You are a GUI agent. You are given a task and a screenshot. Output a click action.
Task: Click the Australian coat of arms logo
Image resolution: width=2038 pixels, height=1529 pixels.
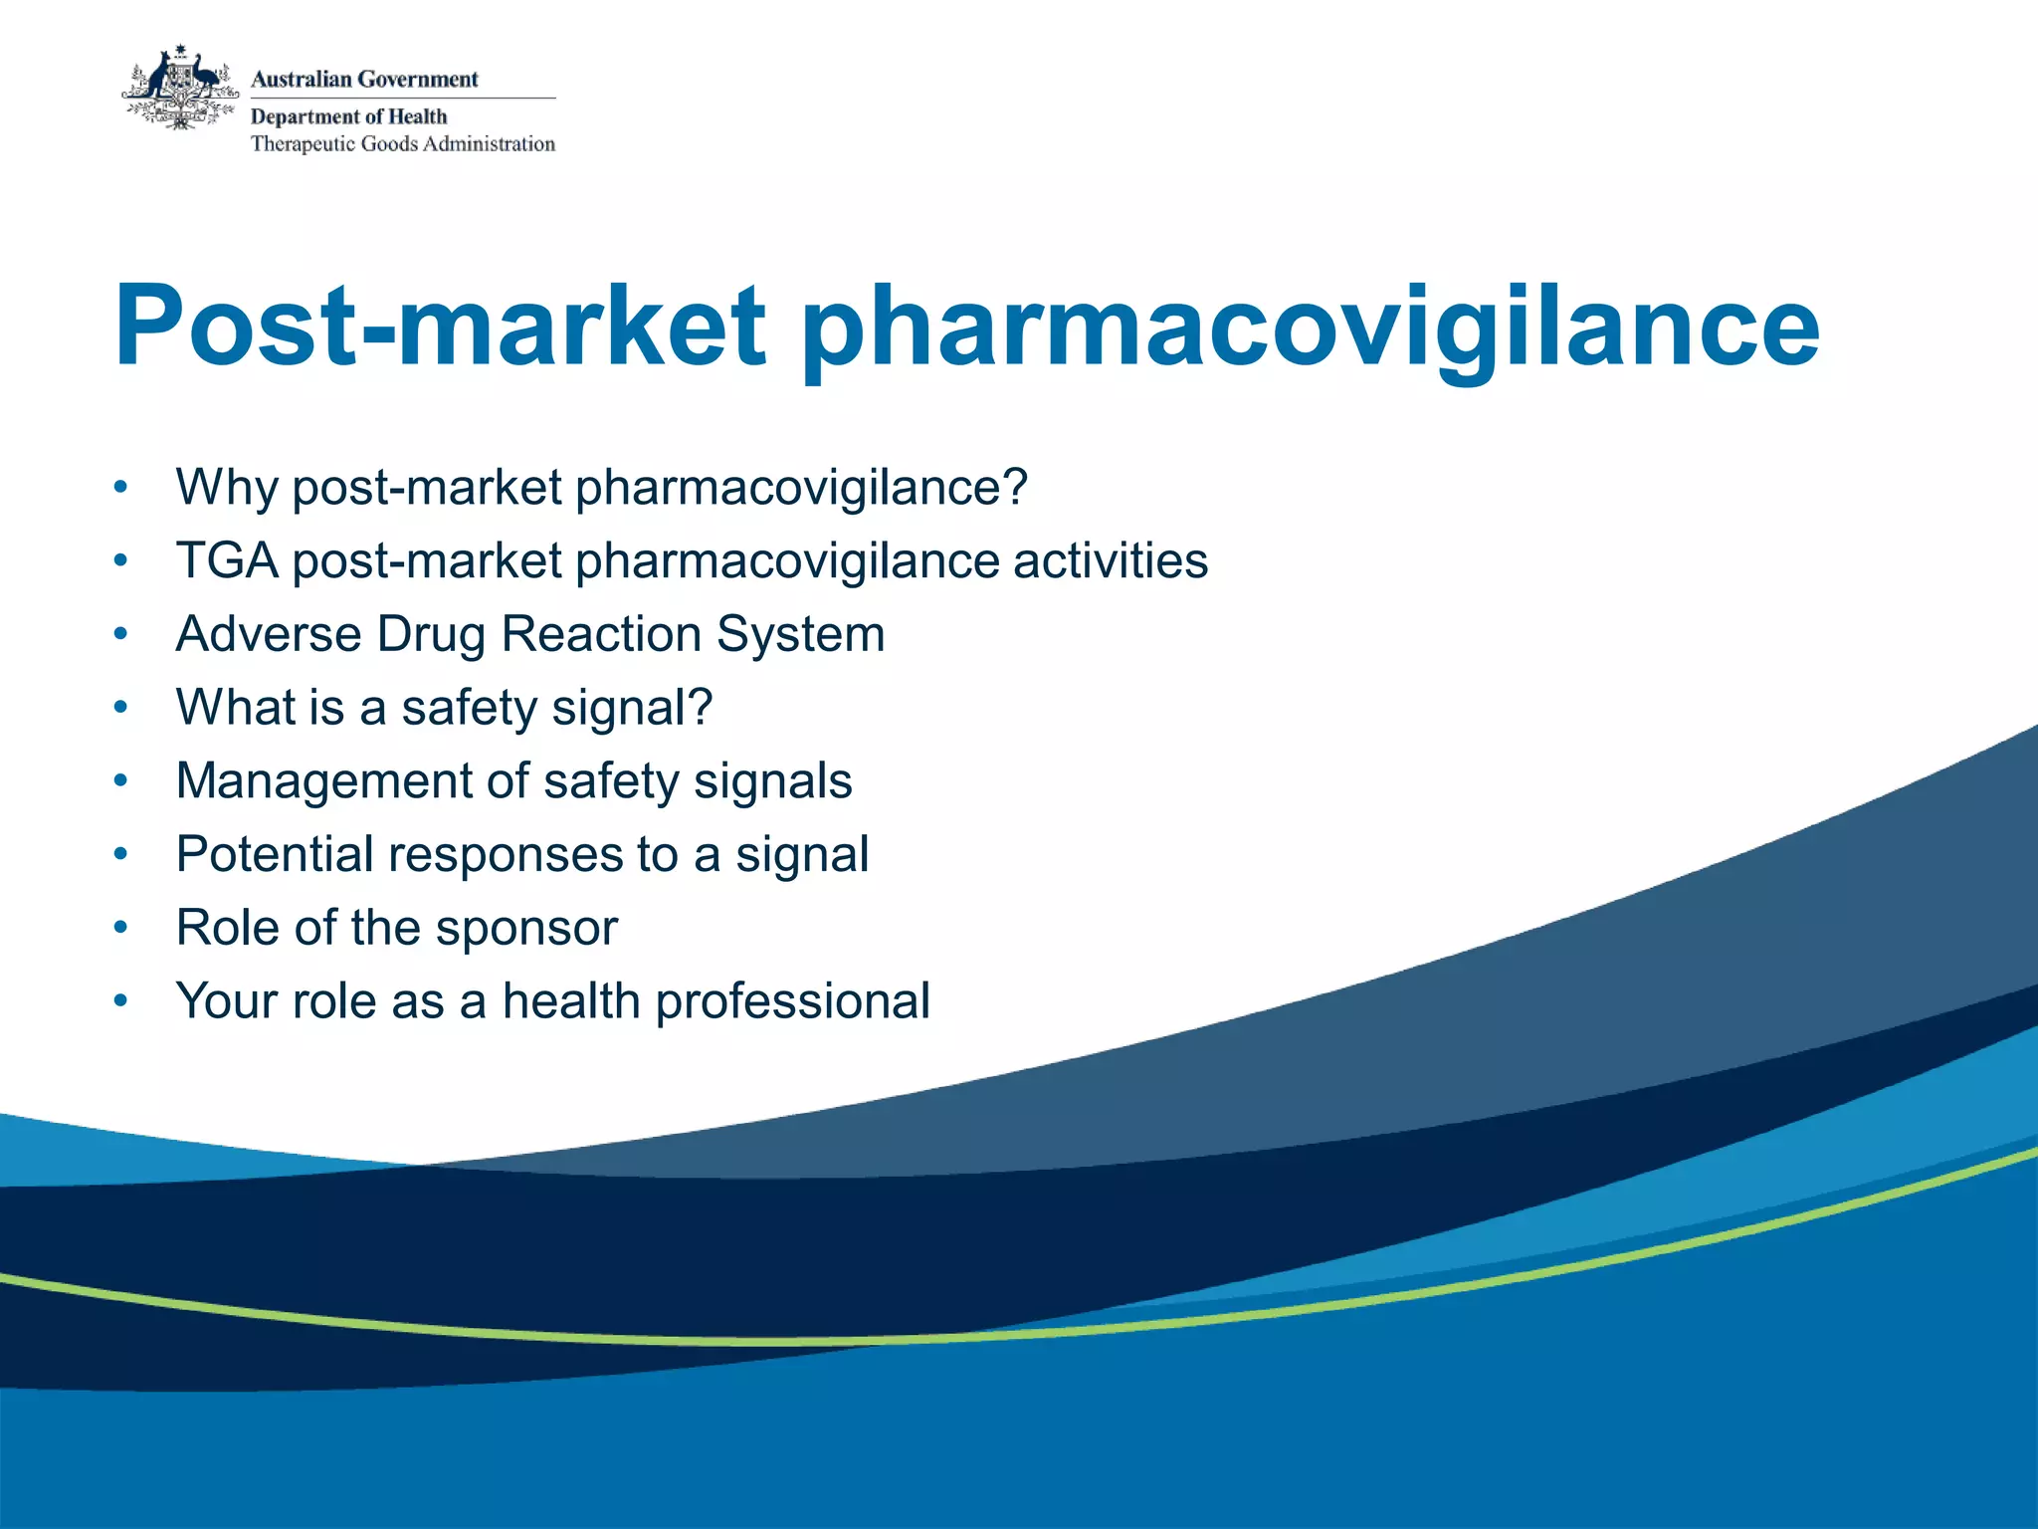(180, 90)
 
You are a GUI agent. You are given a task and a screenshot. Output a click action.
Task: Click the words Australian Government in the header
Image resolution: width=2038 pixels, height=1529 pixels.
(364, 80)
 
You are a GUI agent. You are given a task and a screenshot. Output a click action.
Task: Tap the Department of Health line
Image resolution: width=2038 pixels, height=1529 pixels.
(348, 116)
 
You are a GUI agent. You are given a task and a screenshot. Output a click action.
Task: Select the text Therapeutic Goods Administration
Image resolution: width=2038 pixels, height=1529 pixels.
(402, 144)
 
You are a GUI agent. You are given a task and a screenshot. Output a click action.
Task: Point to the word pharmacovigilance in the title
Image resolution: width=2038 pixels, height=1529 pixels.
(1310, 328)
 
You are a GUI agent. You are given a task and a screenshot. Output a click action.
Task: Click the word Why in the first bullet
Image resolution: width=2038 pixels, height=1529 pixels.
(226, 489)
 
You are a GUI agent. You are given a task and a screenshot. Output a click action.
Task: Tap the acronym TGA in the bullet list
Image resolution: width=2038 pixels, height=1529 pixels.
(227, 560)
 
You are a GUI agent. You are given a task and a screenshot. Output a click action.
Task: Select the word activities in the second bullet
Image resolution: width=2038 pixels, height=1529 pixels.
(1111, 560)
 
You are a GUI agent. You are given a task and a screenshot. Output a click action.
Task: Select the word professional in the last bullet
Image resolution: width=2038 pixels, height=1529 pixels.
(792, 1001)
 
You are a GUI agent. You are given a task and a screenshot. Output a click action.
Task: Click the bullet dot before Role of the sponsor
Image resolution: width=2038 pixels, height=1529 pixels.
(120, 928)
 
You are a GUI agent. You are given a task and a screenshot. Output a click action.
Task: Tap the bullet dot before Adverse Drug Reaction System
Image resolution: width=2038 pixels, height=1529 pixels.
(120, 634)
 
